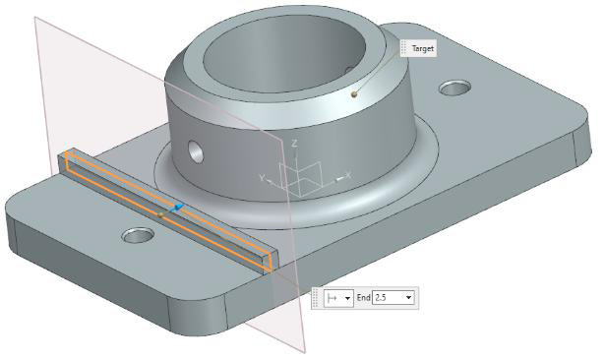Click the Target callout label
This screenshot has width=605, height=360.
coord(422,47)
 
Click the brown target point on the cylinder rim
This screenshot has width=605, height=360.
coord(353,94)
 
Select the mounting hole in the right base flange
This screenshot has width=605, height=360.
coord(454,89)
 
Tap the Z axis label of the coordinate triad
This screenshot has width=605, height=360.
coord(295,144)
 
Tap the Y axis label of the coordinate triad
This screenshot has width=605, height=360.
coord(262,178)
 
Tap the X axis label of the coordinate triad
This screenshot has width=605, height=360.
coord(349,177)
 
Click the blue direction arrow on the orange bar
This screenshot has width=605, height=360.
coord(176,209)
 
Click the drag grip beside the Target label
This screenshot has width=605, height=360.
coord(403,47)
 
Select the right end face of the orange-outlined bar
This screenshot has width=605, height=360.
coord(272,258)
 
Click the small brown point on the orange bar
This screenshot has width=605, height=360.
coord(160,211)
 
